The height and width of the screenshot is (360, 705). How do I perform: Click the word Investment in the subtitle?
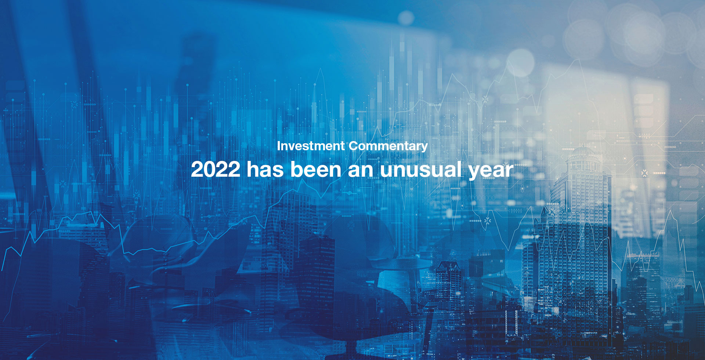[311, 146]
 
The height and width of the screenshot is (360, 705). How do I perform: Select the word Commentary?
[388, 146]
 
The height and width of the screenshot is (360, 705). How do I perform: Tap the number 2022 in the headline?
[216, 169]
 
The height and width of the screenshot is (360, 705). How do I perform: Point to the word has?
[265, 169]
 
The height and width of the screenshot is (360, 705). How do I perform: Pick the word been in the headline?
[316, 169]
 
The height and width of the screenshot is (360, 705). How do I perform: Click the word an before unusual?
[361, 171]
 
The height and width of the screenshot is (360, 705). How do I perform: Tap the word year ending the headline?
[491, 172]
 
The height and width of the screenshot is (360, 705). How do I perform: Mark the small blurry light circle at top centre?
[406, 18]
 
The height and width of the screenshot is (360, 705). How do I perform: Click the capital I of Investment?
[279, 146]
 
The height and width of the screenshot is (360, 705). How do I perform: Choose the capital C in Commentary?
[354, 146]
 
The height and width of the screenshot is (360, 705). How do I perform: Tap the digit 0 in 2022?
[209, 169]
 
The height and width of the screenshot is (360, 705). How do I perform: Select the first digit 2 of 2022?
[197, 169]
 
